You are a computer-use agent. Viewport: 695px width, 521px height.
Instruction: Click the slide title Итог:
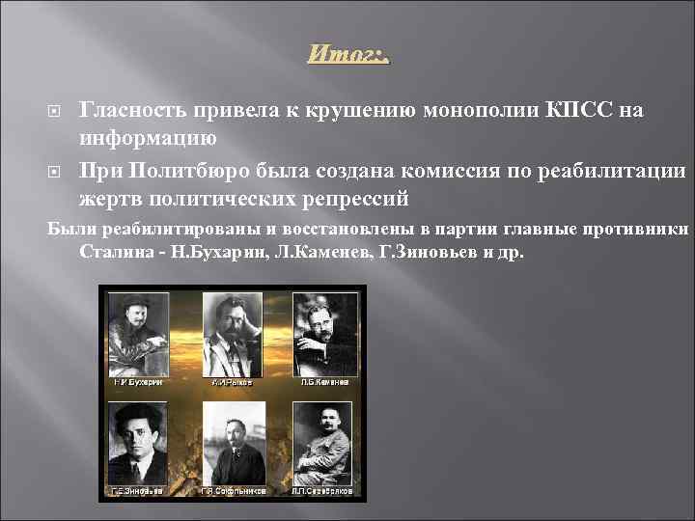[347, 55]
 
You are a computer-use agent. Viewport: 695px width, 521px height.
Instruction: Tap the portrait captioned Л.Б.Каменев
[325, 333]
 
